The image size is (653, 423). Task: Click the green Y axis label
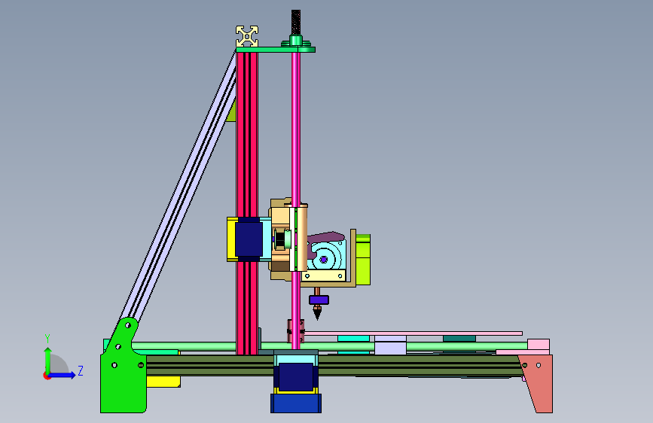(x=47, y=339)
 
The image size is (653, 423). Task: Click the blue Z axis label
(x=81, y=370)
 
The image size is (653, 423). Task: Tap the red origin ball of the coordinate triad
(x=47, y=376)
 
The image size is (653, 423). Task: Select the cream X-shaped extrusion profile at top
(x=247, y=36)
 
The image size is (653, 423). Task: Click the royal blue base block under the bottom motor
(x=296, y=403)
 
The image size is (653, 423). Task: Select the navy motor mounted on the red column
(x=249, y=239)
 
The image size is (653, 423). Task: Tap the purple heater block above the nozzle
(x=319, y=300)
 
